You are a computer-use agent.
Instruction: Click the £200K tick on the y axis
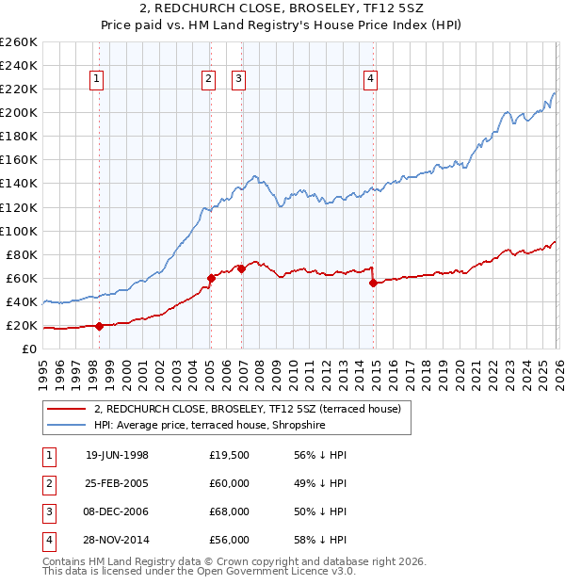point(18,112)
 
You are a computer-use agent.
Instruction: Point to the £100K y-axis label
point(18,231)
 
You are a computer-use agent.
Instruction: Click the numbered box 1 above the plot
point(98,80)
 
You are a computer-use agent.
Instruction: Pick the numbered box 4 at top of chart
point(372,80)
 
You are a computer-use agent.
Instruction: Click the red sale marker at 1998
point(99,326)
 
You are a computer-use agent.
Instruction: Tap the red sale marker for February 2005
point(210,278)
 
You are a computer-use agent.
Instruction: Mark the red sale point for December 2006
point(241,268)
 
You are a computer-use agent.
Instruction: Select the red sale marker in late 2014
point(374,283)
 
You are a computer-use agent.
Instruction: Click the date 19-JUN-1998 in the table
point(117,455)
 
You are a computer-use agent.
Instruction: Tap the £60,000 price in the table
point(229,483)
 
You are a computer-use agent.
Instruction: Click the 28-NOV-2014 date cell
point(117,540)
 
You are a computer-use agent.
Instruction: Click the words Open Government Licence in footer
point(273,571)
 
